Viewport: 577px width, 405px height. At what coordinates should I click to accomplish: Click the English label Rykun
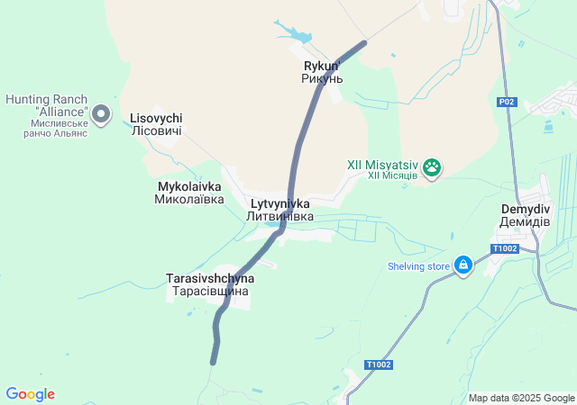click(320, 66)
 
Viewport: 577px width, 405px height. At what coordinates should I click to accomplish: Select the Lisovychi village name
click(156, 118)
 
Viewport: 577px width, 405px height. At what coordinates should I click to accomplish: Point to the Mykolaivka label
click(189, 186)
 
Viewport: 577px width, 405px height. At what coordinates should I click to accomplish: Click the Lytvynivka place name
click(279, 203)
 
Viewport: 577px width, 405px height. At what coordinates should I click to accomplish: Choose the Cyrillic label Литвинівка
click(279, 217)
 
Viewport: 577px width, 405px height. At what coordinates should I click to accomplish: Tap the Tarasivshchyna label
click(210, 278)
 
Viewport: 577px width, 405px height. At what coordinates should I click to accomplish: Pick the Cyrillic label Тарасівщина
click(210, 292)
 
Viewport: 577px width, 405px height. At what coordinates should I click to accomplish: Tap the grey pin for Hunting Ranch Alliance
click(101, 114)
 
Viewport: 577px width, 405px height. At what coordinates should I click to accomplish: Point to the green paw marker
click(433, 166)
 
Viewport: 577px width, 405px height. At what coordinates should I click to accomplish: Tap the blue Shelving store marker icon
click(463, 265)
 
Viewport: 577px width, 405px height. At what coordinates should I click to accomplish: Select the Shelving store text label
click(418, 266)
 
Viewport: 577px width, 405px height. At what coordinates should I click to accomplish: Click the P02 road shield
click(507, 103)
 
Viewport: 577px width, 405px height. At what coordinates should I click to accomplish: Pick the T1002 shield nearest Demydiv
click(505, 248)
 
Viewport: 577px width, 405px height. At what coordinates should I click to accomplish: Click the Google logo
click(30, 394)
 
